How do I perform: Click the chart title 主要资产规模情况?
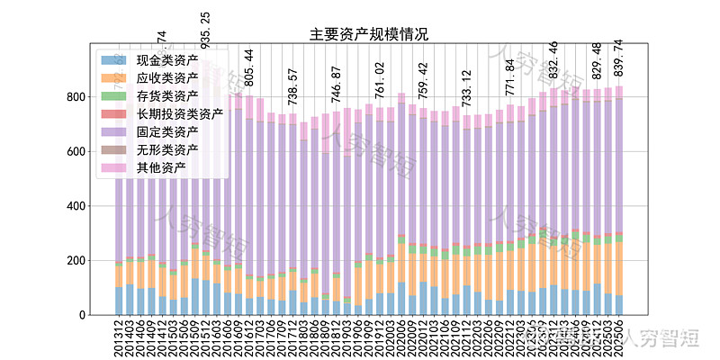click(x=369, y=35)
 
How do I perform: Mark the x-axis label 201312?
click(x=119, y=338)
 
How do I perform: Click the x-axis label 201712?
click(x=292, y=338)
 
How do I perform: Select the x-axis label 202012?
click(x=423, y=338)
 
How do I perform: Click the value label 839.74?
click(x=618, y=57)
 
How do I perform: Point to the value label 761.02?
click(x=380, y=79)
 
